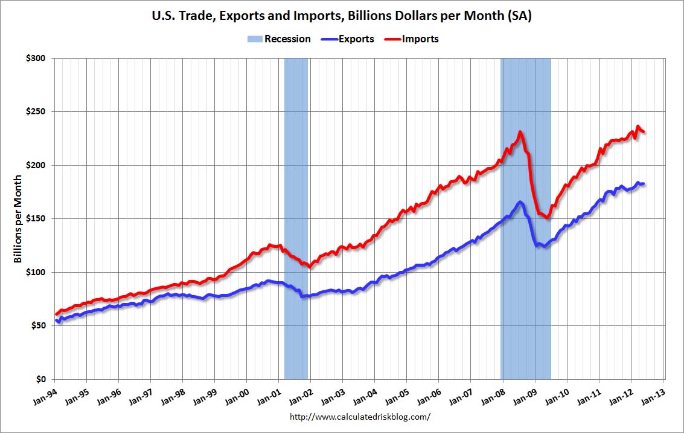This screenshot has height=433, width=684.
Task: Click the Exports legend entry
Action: click(356, 39)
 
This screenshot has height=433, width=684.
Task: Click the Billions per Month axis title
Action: click(19, 219)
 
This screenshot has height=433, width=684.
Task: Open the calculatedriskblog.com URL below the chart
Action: click(360, 417)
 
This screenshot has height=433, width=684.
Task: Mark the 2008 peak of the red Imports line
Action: click(520, 132)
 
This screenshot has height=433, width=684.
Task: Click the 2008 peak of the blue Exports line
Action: click(520, 201)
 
